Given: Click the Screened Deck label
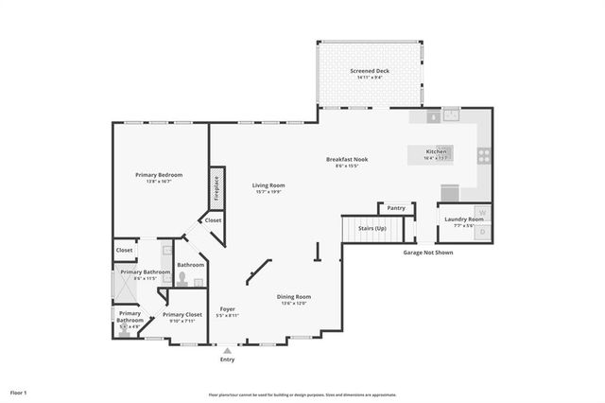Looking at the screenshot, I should [370, 71].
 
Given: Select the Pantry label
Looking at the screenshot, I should [396, 208].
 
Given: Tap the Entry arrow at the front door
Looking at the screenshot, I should [227, 350].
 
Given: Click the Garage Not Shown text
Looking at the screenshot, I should [428, 253].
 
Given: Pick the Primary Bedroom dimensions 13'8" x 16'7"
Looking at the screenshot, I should [158, 182].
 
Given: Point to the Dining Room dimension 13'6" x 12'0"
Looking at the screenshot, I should [294, 304].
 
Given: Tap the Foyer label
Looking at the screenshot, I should [227, 308].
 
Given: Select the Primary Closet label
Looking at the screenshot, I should [181, 314].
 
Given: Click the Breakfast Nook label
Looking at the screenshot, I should [347, 159].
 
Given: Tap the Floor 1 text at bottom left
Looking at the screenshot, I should [19, 392].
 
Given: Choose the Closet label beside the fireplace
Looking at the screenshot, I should [214, 220].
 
